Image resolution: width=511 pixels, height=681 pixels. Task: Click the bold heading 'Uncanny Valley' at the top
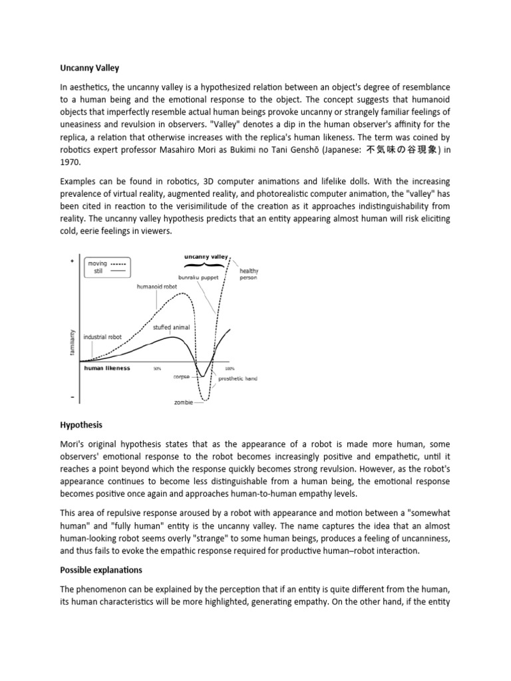(86, 67)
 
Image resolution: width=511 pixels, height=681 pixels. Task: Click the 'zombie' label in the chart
(184, 402)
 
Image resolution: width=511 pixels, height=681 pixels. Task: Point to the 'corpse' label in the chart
(182, 376)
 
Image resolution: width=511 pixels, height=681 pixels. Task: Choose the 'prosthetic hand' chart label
(238, 378)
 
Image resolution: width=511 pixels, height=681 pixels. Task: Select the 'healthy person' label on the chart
(248, 274)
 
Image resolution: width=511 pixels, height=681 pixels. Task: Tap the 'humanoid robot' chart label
(158, 287)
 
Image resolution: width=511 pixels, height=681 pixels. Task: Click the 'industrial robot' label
(102, 337)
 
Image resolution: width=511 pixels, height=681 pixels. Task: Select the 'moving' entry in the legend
(98, 263)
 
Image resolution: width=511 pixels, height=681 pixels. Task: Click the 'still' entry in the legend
(98, 271)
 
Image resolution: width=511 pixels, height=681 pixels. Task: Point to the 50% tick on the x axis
(158, 368)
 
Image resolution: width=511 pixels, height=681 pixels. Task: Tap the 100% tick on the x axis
(230, 368)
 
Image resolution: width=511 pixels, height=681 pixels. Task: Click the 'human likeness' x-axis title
(107, 367)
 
